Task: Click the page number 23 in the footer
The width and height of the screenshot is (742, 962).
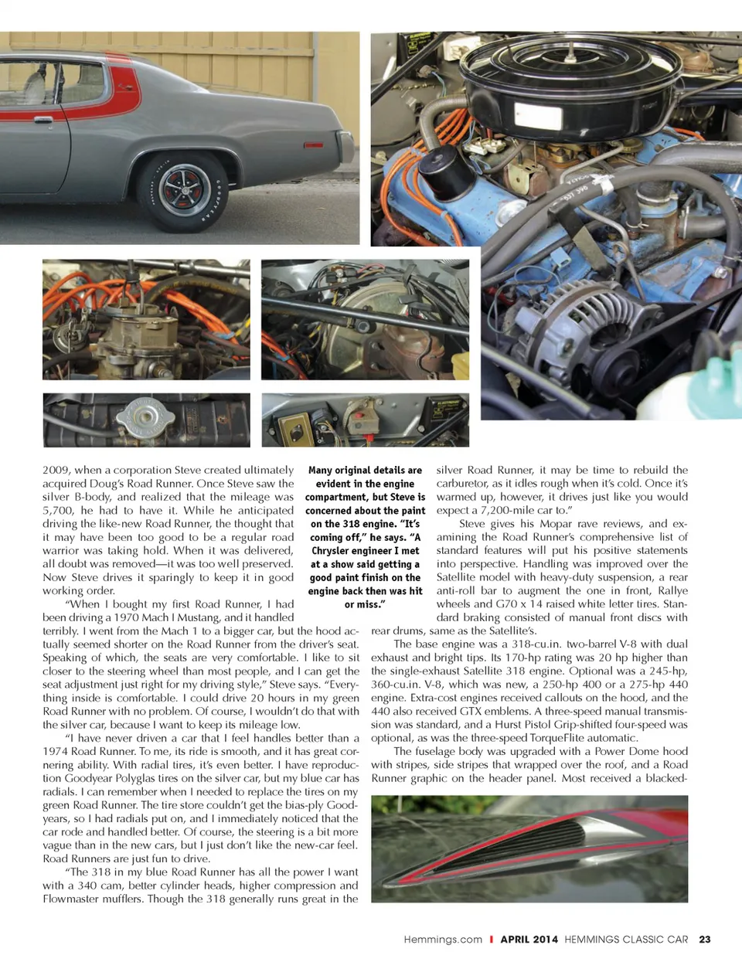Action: click(x=704, y=940)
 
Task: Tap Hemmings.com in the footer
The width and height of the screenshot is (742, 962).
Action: click(x=442, y=940)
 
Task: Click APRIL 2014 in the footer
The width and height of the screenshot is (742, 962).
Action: click(x=529, y=940)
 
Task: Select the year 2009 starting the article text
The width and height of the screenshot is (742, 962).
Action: click(x=56, y=470)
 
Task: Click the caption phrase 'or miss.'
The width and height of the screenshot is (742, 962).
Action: click(x=365, y=604)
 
